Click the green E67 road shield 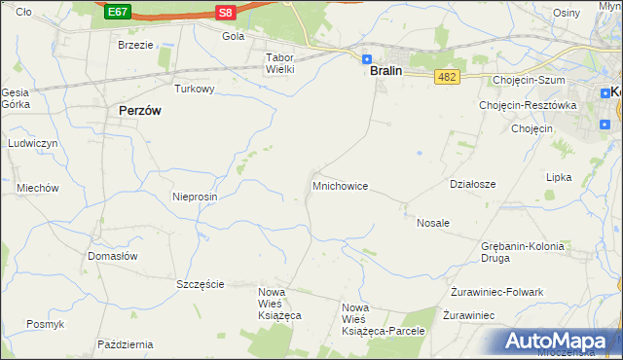(117, 12)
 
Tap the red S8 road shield (226, 12)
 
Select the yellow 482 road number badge (447, 77)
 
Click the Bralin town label (386, 71)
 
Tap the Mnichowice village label (340, 185)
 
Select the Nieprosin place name (195, 197)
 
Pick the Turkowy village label (194, 89)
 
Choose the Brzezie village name (135, 45)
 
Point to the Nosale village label (433, 223)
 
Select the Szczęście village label (201, 284)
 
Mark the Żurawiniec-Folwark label (496, 292)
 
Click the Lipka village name (559, 178)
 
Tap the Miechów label (38, 189)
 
